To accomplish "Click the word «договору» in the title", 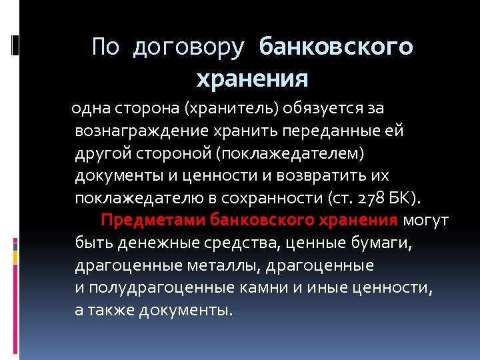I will click(x=189, y=47).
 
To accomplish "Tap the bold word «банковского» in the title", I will click(x=336, y=47).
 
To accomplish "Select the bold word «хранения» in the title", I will click(x=253, y=79).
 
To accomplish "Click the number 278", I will click(x=372, y=199).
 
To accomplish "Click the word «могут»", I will click(x=427, y=221).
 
